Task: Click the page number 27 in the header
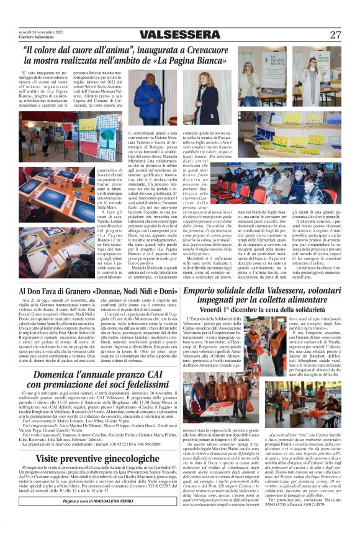(335, 35)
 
